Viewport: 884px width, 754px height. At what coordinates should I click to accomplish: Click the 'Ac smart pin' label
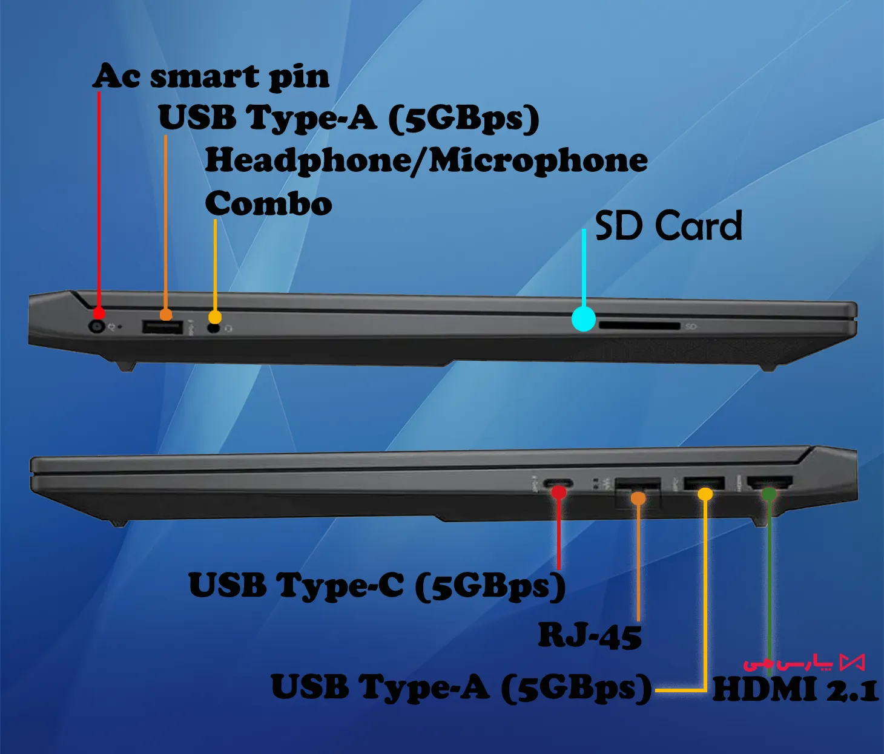[x=211, y=77]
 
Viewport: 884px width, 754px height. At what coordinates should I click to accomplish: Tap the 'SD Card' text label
[x=668, y=226]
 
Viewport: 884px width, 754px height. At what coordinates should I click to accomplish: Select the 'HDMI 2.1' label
[x=795, y=690]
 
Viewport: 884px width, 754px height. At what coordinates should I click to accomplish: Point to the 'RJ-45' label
[x=590, y=636]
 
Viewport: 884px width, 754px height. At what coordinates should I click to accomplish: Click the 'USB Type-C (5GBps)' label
[x=377, y=586]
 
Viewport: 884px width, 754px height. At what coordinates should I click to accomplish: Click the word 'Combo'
[x=268, y=203]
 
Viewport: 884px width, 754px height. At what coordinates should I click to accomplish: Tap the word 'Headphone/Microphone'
[x=426, y=161]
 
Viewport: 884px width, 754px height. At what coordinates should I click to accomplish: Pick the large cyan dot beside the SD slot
[x=584, y=319]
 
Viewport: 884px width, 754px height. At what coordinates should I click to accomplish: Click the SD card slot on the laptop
[x=639, y=326]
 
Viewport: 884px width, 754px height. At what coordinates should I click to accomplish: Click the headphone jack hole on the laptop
[x=213, y=328]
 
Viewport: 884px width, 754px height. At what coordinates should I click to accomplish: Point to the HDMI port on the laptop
[x=770, y=483]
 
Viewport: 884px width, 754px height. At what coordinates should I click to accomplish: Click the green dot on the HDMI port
[x=769, y=494]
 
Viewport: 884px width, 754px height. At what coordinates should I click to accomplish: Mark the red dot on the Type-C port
[x=559, y=493]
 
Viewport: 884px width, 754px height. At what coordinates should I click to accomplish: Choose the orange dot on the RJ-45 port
[x=638, y=498]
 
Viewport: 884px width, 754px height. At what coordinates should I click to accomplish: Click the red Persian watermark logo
[x=803, y=663]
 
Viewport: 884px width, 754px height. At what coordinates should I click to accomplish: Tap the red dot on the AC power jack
[x=99, y=313]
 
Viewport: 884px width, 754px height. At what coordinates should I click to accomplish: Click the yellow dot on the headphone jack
[x=215, y=316]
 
